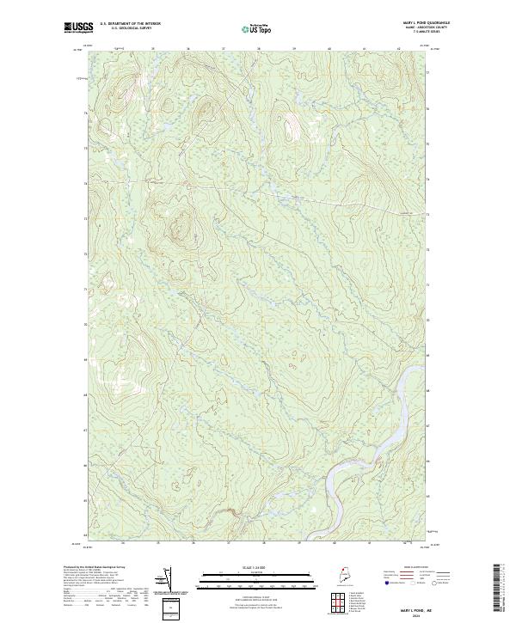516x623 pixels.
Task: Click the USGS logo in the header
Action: (78, 27)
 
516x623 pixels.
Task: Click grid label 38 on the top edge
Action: (259, 48)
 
